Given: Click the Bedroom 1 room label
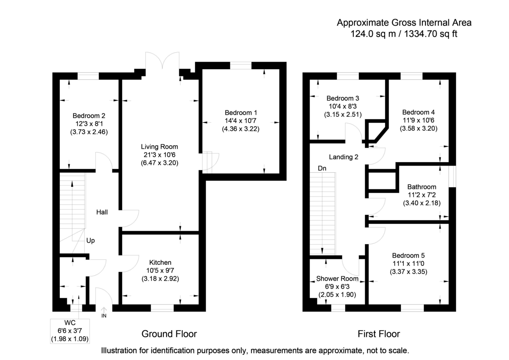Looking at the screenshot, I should point(241,113).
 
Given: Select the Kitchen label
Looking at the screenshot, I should point(160,262).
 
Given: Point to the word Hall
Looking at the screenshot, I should point(102,212).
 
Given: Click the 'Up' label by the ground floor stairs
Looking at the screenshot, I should point(90,240).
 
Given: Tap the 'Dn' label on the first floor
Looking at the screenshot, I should point(322,168).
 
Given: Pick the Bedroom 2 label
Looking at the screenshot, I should point(89,115).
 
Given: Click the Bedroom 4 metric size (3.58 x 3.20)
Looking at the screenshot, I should point(419,129).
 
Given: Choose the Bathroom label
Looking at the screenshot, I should point(422,187).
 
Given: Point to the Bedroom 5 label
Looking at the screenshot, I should point(408,256).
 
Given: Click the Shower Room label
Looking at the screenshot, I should point(337,279).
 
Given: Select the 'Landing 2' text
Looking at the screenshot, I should point(344,157).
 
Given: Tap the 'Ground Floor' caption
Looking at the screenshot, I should point(169,334).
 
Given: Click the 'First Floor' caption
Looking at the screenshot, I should point(378,334).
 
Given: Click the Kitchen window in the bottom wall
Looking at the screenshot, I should point(162,308).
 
